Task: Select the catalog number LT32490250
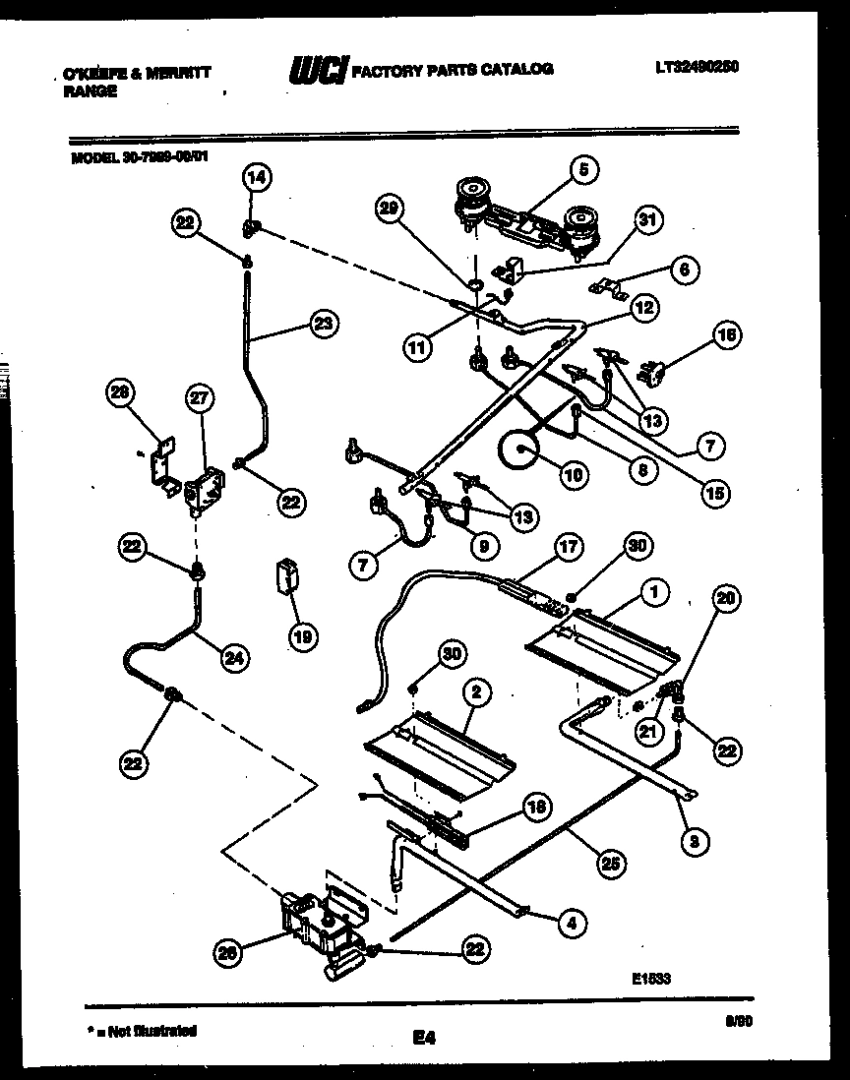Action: click(x=697, y=67)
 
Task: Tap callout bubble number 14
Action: click(x=256, y=178)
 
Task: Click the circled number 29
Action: click(x=392, y=208)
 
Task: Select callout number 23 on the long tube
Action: click(x=321, y=323)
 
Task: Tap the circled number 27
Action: click(x=200, y=398)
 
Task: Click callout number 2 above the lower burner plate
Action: click(x=475, y=691)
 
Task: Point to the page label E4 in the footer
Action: click(x=424, y=1036)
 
